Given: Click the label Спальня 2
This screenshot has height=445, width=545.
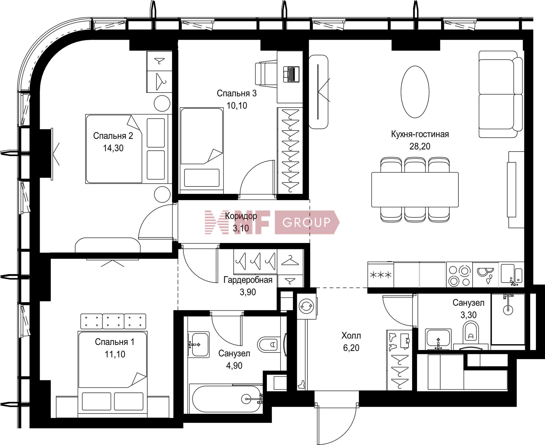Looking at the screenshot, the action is pyautogui.click(x=113, y=136).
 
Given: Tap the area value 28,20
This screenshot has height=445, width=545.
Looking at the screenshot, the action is pyautogui.click(x=420, y=146).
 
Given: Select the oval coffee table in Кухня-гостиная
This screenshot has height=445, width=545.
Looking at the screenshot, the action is pyautogui.click(x=415, y=92).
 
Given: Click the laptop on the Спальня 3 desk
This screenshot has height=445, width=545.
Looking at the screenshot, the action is pyautogui.click(x=291, y=74).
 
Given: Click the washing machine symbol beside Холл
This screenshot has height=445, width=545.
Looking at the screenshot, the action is pyautogui.click(x=306, y=306).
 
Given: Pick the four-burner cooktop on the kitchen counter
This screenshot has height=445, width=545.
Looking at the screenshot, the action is pyautogui.click(x=459, y=275).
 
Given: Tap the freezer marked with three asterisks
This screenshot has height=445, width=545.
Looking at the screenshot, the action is pyautogui.click(x=380, y=275).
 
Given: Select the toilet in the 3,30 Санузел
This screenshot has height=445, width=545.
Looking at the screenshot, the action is pyautogui.click(x=471, y=332).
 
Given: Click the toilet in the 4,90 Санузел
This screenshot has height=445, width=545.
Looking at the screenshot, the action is pyautogui.click(x=268, y=345).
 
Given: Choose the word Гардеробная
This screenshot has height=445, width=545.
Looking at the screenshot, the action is pyautogui.click(x=248, y=280).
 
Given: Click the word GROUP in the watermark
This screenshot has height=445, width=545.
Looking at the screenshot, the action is pyautogui.click(x=307, y=222).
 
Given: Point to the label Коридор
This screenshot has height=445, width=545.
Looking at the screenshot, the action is pyautogui.click(x=241, y=216).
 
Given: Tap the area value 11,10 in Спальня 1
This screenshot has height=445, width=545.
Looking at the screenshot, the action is pyautogui.click(x=115, y=354).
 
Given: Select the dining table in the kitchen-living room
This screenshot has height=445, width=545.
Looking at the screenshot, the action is pyautogui.click(x=415, y=190).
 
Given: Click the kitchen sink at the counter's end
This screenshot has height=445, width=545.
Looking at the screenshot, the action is pyautogui.click(x=512, y=275).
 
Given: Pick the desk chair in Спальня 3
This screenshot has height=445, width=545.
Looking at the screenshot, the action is pyautogui.click(x=266, y=74).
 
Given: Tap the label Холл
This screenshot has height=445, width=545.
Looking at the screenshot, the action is pyautogui.click(x=351, y=336).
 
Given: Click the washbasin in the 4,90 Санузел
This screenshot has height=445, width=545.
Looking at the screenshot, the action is pyautogui.click(x=198, y=345).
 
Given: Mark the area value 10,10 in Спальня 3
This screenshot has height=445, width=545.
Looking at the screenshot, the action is pyautogui.click(x=237, y=106).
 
